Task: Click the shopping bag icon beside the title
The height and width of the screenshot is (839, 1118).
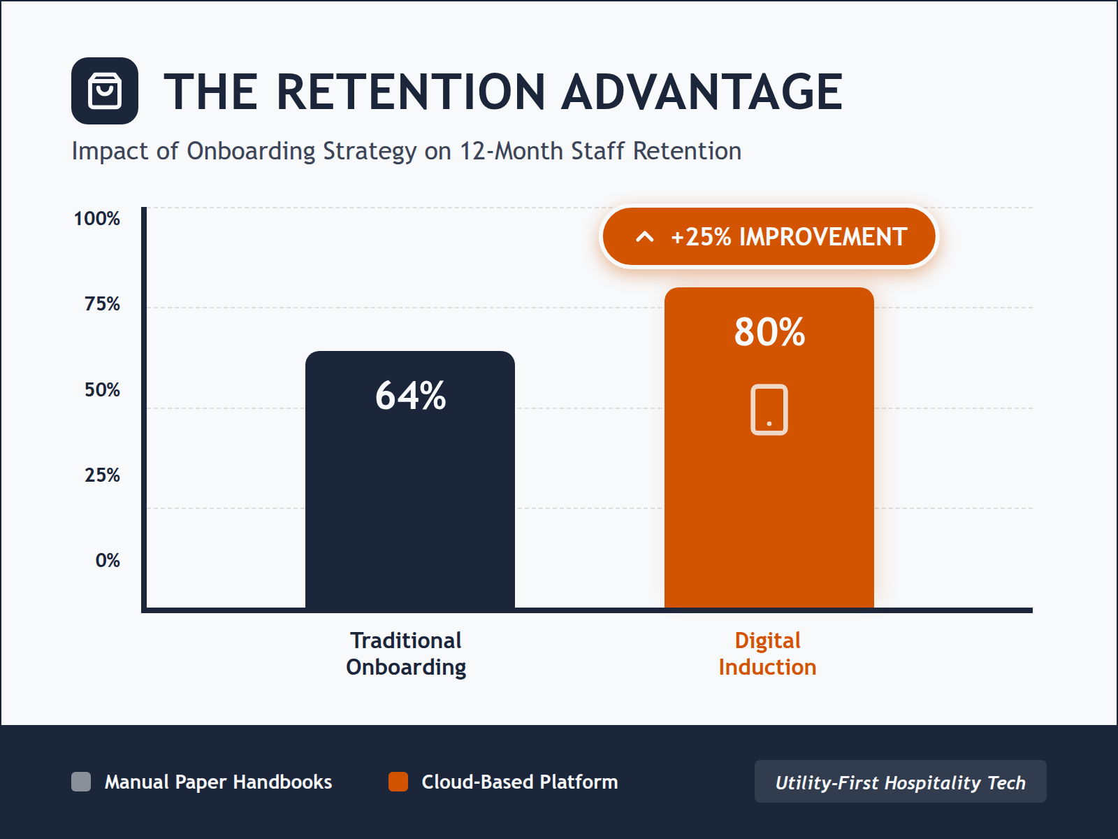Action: (x=105, y=91)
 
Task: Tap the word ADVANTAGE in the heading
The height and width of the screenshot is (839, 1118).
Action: (x=702, y=92)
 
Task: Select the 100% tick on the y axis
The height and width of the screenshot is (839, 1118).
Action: (x=97, y=219)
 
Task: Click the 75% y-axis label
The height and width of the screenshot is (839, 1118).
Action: (x=102, y=304)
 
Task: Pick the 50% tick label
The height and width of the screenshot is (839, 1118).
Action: (x=102, y=390)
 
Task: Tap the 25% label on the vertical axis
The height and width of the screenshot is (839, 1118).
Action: (x=102, y=475)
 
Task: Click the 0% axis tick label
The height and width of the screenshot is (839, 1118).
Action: (x=108, y=561)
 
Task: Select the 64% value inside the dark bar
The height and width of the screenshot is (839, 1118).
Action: (x=410, y=396)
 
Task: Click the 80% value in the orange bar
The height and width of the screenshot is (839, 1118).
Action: (x=769, y=332)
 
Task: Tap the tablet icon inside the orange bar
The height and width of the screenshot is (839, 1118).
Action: (x=769, y=410)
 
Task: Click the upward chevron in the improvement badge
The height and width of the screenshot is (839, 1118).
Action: (x=645, y=237)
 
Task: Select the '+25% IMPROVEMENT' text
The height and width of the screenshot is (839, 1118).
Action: (x=789, y=237)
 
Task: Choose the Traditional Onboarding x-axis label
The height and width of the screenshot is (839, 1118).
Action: (x=406, y=654)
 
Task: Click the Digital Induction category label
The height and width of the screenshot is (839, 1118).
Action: (x=767, y=654)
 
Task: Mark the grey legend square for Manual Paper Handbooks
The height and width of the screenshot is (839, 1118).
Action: (x=81, y=782)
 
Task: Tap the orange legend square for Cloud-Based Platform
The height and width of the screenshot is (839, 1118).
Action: (x=398, y=782)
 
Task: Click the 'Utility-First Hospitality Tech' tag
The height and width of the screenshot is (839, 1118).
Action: (x=900, y=782)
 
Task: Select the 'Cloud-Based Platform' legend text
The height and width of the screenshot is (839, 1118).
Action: (x=519, y=782)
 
